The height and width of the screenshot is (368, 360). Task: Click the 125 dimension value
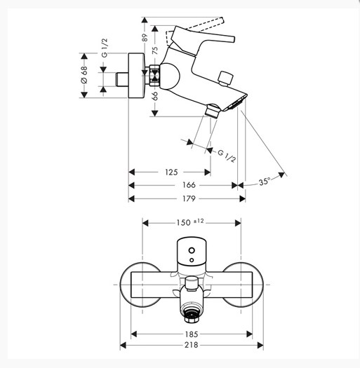click(171, 172)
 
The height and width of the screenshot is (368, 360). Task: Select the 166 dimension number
click(189, 185)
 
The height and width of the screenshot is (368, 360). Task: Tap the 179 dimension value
click(189, 198)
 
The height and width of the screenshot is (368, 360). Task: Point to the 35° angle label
click(265, 182)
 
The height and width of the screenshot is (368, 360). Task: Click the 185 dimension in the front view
click(192, 334)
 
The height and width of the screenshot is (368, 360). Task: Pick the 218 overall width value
click(192, 345)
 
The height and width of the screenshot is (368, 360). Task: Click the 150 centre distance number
click(184, 222)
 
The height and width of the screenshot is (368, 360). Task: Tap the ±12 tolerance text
click(199, 221)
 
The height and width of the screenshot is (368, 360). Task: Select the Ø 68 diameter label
click(84, 75)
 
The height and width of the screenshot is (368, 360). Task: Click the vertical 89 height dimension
click(145, 38)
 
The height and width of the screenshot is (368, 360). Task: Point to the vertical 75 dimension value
click(155, 50)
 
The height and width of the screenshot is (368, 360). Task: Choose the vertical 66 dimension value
click(155, 96)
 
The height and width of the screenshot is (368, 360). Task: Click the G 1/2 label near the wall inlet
click(105, 48)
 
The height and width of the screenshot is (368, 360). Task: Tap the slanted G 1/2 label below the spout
click(226, 156)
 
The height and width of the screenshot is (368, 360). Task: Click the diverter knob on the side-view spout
click(225, 78)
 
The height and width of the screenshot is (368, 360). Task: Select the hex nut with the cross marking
click(154, 76)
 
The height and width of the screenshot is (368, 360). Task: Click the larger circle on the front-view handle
click(192, 250)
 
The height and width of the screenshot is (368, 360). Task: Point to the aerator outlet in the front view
click(192, 315)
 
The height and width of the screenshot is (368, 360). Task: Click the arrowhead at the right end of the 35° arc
click(281, 175)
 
